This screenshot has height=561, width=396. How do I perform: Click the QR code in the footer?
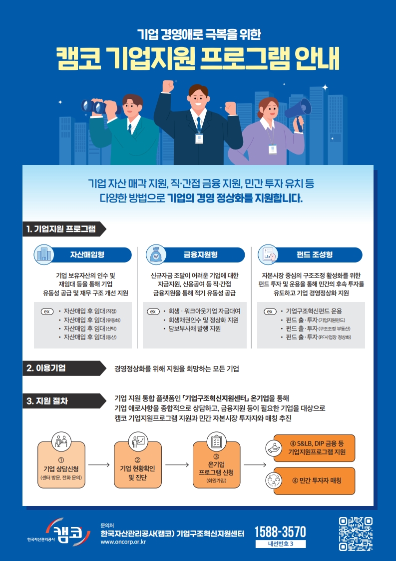(x=356, y=534)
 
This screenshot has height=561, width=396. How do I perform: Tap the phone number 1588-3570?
(x=280, y=531)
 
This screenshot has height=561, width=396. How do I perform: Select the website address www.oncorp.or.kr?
(x=123, y=541)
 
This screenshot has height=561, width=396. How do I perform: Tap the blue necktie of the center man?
(x=198, y=124)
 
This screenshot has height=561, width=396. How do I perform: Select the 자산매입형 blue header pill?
(x=87, y=254)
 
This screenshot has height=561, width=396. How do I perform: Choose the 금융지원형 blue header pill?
(x=201, y=254)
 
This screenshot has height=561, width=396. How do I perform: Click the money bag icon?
(x=156, y=254)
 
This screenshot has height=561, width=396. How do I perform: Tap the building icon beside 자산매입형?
(x=43, y=254)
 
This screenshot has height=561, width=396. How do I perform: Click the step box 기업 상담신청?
(x=61, y=465)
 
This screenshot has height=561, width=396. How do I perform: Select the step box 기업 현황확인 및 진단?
(x=138, y=465)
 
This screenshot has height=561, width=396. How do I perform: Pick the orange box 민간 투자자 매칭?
(x=314, y=481)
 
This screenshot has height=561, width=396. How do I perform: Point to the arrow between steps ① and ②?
(x=99, y=465)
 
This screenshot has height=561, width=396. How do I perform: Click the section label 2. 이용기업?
(x=46, y=368)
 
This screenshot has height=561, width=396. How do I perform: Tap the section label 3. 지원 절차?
(x=47, y=401)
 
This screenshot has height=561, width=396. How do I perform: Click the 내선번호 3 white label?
(x=281, y=544)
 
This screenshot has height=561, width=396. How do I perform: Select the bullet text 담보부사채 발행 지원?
(x=194, y=328)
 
